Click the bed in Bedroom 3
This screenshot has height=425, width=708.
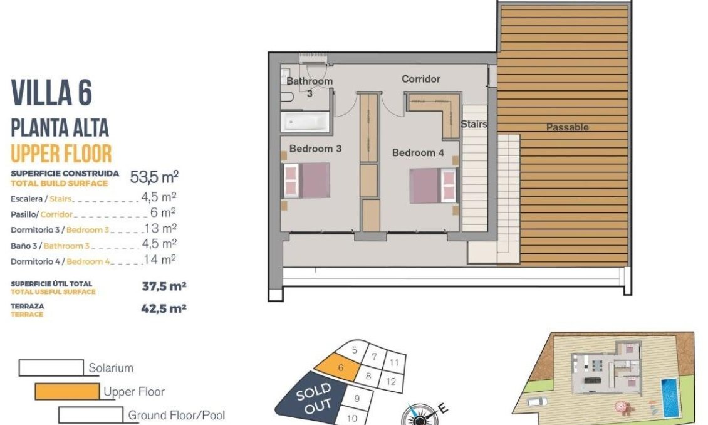(306, 180)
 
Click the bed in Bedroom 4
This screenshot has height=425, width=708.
(434, 186)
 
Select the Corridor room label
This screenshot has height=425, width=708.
(421, 79)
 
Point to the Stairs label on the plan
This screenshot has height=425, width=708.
(474, 123)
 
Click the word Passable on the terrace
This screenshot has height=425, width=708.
(568, 127)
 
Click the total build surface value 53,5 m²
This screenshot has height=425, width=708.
(154, 177)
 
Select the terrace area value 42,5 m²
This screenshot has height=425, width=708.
(164, 308)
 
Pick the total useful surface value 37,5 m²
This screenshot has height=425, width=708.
(164, 286)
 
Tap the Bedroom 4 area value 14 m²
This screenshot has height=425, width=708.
(160, 260)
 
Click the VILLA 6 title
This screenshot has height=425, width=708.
(51, 93)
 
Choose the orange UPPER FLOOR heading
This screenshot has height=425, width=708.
(61, 153)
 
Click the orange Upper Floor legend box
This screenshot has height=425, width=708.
(67, 392)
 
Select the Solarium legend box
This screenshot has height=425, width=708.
(51, 367)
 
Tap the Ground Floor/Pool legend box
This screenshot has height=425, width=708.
(91, 414)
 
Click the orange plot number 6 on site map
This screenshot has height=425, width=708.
(340, 367)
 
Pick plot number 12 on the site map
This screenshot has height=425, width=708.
(391, 381)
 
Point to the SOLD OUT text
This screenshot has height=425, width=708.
(315, 399)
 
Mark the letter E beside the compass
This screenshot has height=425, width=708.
(443, 409)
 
